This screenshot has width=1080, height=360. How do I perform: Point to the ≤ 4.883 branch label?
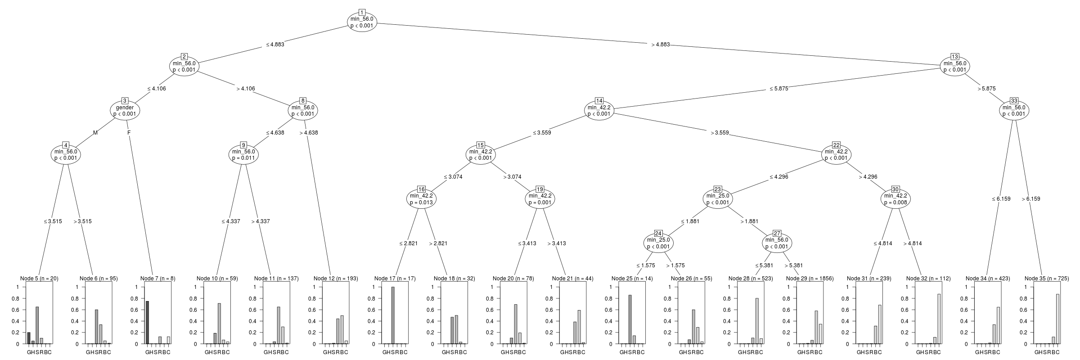click(274, 45)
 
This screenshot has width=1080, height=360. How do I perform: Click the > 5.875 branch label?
click(986, 89)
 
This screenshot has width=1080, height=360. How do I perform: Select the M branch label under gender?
click(95, 133)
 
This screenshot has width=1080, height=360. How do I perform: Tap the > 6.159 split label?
click(1031, 199)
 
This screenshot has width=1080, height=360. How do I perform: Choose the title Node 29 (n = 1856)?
click(810, 279)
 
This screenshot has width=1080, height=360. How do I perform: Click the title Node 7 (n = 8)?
click(157, 279)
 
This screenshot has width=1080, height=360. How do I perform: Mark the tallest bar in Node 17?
click(393, 315)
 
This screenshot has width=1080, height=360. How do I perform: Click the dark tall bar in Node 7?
click(147, 322)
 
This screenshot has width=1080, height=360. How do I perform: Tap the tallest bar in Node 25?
click(630, 319)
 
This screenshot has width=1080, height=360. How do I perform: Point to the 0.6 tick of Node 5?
click(17, 310)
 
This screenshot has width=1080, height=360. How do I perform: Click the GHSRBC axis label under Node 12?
click(335, 352)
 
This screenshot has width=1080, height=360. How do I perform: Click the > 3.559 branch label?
click(720, 133)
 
